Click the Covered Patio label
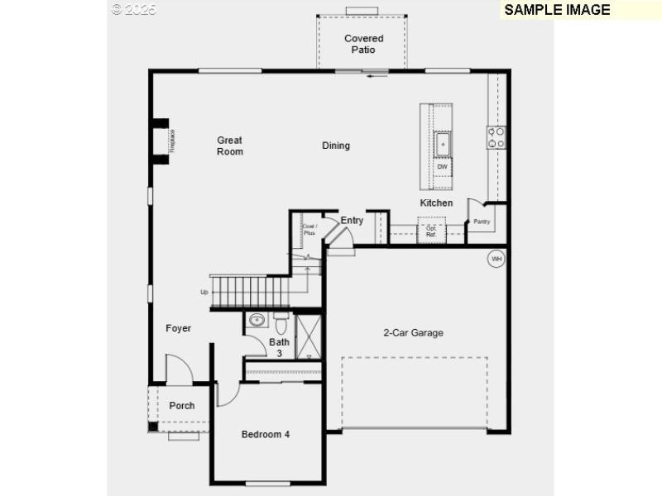coord(363,44)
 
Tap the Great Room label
coord(230,145)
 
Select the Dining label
coord(336,145)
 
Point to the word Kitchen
coord(436,203)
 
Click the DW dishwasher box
coord(443,167)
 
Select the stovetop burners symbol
coord(496,137)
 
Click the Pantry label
coord(482,222)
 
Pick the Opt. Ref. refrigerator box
coord(431,231)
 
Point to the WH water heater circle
coord(496,259)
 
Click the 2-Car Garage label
coord(413,333)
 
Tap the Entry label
coord(352,221)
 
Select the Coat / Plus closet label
coord(309,230)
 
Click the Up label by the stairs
coord(204,292)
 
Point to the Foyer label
coord(178,328)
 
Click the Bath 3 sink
coord(257,321)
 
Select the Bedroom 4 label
coord(266,434)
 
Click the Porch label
coord(182,406)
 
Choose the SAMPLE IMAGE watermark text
coord(557,10)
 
